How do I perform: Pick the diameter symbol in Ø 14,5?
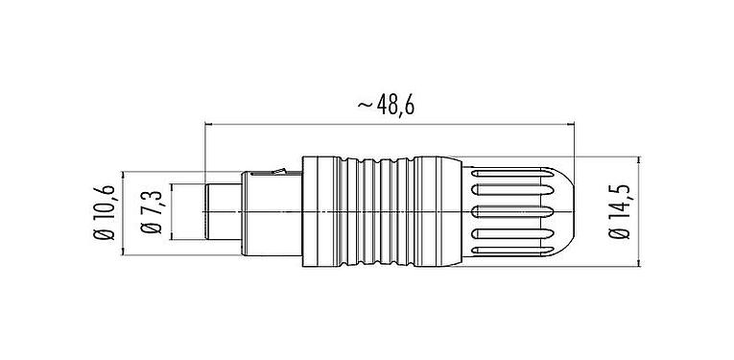[x=619, y=236]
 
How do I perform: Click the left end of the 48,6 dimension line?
[x=205, y=124]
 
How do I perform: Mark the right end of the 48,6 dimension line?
[x=574, y=124]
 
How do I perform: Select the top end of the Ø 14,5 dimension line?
[x=641, y=155]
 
